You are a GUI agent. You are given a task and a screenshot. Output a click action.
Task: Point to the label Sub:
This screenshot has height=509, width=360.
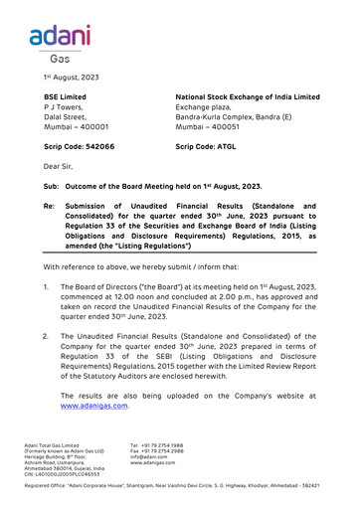pyautogui.click(x=50, y=186)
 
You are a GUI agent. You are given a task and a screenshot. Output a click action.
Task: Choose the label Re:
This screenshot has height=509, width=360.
pyautogui.click(x=49, y=206)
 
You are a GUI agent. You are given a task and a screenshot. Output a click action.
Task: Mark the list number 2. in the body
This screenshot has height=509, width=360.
pyautogui.click(x=46, y=336)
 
